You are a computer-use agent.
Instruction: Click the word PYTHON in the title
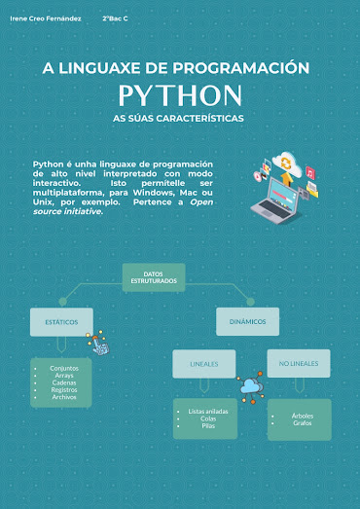[180, 95]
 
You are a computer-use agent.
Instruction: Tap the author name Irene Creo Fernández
[46, 18]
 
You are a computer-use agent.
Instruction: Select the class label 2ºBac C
[116, 18]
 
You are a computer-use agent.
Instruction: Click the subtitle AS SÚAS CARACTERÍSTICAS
[179, 118]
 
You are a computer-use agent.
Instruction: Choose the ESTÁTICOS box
[61, 321]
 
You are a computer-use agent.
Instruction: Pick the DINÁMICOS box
[247, 321]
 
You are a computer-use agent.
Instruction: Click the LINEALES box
[204, 365]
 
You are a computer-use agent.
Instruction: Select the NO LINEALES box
[299, 365]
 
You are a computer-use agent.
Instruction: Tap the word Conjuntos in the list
[64, 369]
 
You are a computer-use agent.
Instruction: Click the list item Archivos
[64, 397]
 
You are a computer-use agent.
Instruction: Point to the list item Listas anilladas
[208, 412]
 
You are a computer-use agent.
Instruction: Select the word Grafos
[302, 423]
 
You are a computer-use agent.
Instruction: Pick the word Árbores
[302, 416]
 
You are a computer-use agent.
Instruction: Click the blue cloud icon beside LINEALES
[250, 386]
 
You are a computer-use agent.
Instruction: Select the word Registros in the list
[64, 390]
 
